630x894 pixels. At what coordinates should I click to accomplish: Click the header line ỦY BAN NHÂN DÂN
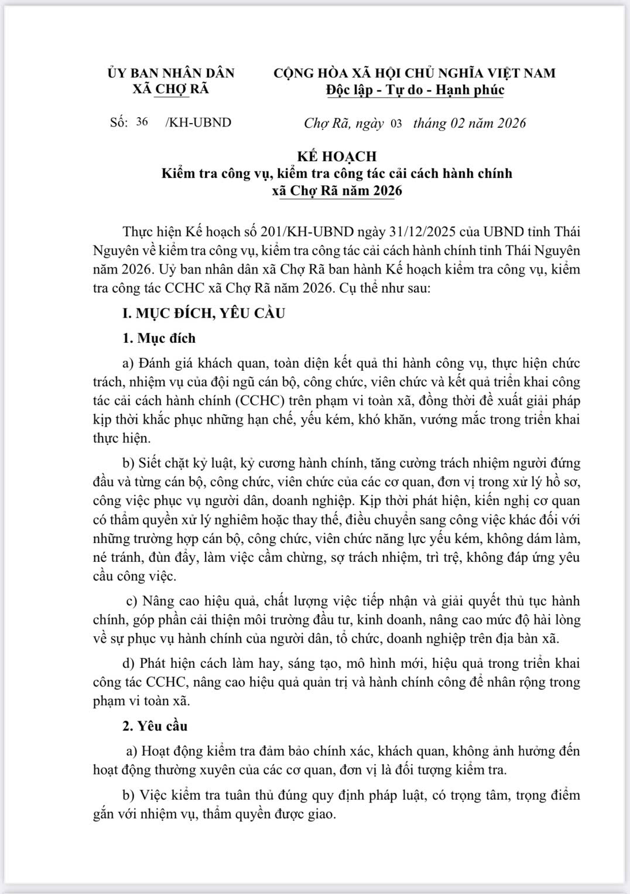click(171, 73)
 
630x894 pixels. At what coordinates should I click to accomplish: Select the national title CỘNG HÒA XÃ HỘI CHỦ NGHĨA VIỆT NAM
click(415, 73)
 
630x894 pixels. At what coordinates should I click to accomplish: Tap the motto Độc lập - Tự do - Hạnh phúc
click(415, 90)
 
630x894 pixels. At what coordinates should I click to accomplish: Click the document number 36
click(142, 122)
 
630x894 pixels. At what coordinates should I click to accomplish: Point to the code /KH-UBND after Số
click(198, 122)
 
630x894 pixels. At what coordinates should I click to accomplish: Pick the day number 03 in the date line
click(396, 124)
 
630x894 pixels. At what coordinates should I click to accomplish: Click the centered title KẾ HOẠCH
click(337, 156)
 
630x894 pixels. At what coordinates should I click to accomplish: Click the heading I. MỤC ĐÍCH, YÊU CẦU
click(204, 313)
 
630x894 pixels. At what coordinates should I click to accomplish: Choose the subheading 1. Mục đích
click(159, 338)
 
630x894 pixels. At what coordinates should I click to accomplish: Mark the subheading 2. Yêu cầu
click(155, 726)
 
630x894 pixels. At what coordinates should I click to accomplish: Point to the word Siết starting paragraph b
click(150, 463)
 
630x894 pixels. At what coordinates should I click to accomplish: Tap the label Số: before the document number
click(119, 122)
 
